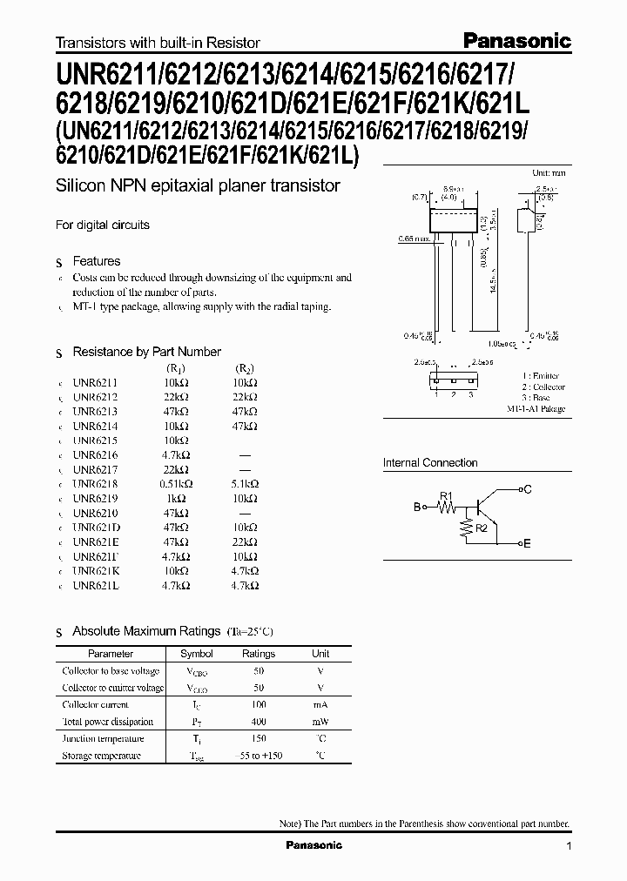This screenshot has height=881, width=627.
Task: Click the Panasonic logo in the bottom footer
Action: coord(314,845)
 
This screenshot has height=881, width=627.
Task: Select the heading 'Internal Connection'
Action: coord(430,463)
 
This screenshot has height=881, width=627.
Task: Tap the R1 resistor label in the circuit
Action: coord(447,496)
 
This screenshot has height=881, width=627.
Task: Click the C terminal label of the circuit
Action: coord(527,490)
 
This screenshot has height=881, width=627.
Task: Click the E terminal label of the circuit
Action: coord(527,543)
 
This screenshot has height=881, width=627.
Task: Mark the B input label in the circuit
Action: coord(417,507)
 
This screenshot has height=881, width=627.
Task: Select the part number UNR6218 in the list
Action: coord(96,484)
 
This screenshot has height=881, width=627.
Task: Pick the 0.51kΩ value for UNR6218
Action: coord(176,484)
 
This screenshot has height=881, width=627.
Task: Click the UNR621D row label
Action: coord(97,528)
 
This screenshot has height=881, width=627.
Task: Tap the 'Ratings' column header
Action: coord(259,654)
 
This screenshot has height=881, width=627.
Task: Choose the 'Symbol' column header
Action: coord(196,654)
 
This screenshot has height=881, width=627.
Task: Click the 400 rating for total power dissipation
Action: coord(259,722)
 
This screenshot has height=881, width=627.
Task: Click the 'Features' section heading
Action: coord(96,261)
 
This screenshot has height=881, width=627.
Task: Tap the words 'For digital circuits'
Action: coord(103,225)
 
